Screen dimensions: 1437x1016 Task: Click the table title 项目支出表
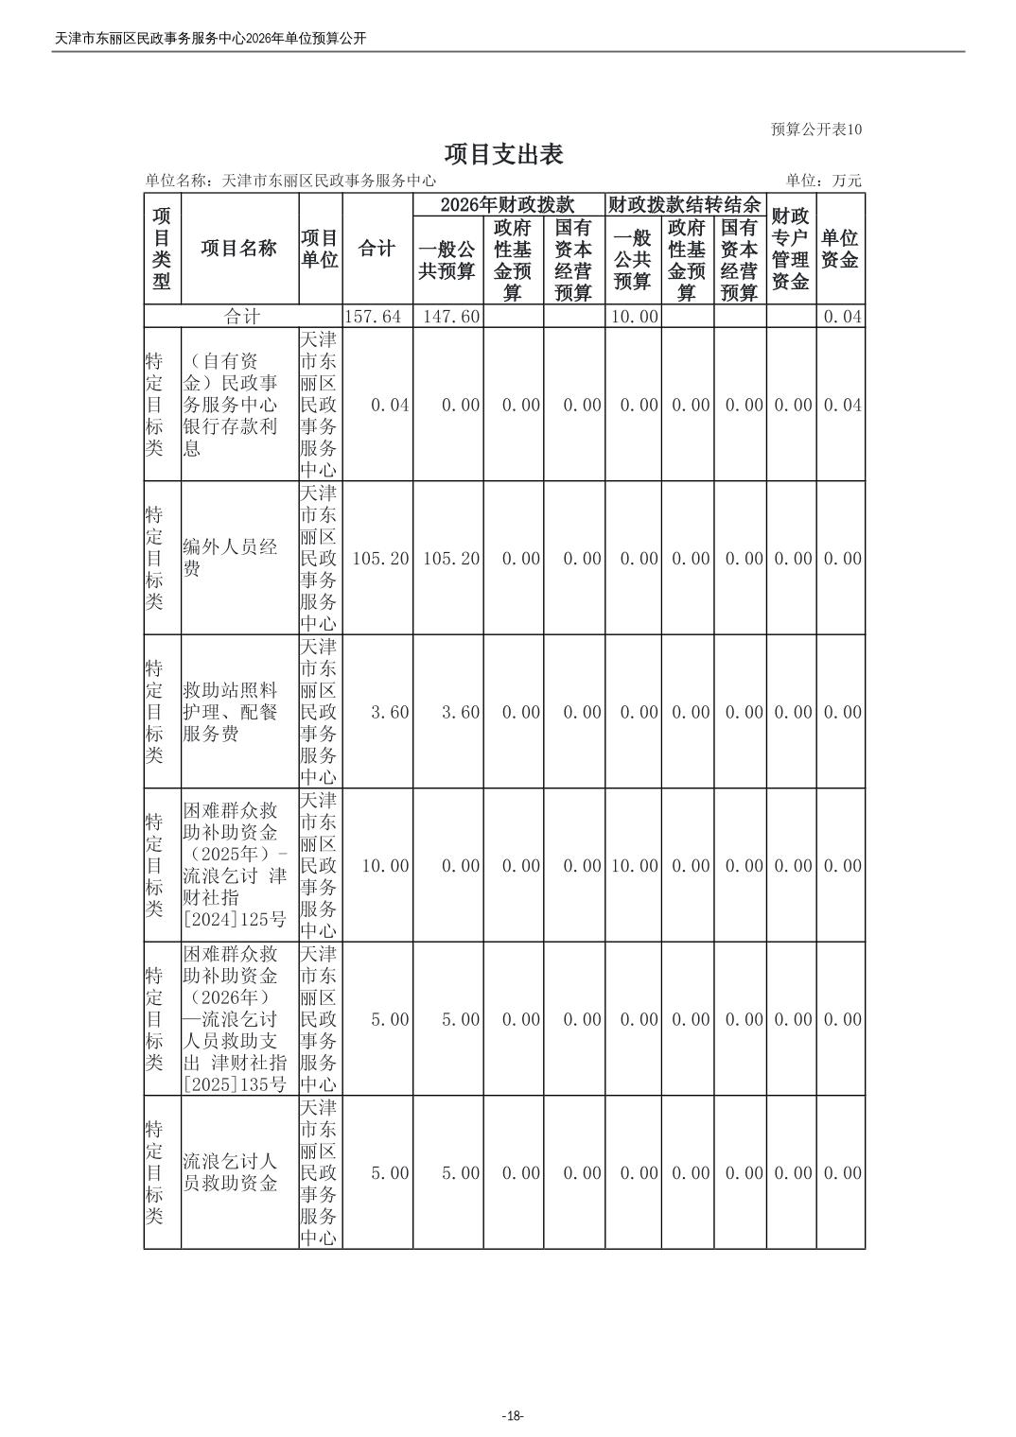(504, 154)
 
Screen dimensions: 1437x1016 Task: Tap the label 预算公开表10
(816, 130)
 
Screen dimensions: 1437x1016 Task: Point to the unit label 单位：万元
(823, 181)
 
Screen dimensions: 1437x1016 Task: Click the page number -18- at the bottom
(512, 1415)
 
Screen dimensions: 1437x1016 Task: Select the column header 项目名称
(239, 248)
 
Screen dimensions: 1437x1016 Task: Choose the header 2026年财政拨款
(508, 204)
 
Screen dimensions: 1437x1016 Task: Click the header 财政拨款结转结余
(684, 204)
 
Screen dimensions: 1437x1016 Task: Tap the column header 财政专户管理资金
(790, 249)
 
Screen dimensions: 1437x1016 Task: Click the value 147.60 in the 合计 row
(448, 316)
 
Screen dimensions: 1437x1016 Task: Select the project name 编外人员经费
(230, 558)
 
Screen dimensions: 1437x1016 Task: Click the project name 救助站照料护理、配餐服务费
(230, 712)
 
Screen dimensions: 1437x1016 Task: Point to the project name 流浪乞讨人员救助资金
(230, 1172)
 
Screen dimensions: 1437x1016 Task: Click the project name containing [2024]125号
(235, 865)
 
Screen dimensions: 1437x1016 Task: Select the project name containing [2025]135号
(235, 1019)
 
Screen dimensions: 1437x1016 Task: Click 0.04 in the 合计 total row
(842, 316)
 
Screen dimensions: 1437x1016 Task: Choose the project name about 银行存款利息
(230, 405)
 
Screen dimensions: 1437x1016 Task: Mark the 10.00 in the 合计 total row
(633, 316)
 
